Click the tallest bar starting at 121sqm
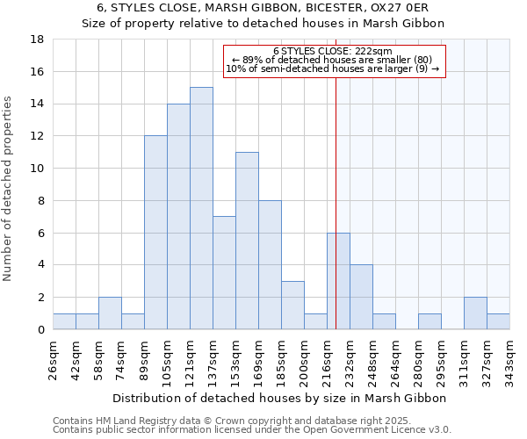click(x=201, y=208)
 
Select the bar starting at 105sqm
click(x=178, y=216)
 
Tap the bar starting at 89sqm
click(x=155, y=233)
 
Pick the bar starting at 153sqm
click(x=247, y=241)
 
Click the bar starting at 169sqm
click(x=270, y=264)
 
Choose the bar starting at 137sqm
click(x=224, y=272)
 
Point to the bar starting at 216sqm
click(x=338, y=281)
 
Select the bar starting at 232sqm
click(x=361, y=297)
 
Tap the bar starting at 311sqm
click(x=475, y=313)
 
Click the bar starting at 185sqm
click(x=292, y=305)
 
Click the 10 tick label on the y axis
click(x=38, y=169)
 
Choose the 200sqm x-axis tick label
click(x=305, y=360)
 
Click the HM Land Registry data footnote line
click(x=219, y=421)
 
